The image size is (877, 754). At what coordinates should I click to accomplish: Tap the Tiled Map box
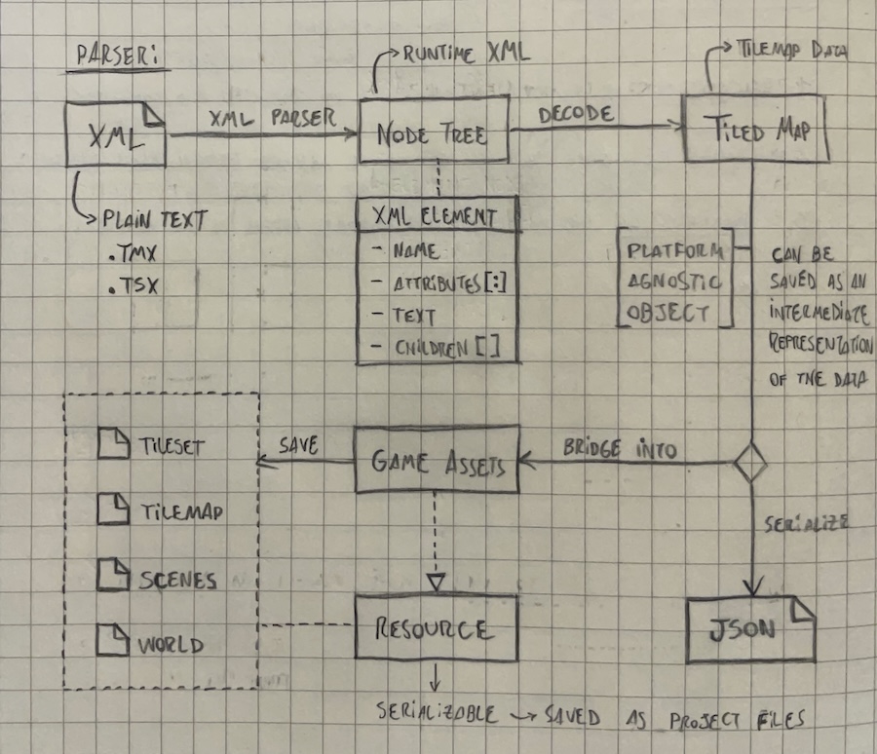pos(756,129)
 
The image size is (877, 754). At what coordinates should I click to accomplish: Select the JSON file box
pos(749,629)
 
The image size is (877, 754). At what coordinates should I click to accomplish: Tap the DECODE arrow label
pos(576,113)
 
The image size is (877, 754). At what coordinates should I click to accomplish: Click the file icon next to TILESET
pos(114,445)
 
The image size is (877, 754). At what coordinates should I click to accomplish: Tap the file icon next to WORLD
pos(114,642)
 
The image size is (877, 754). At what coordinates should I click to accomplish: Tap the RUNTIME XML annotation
pos(466,55)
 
